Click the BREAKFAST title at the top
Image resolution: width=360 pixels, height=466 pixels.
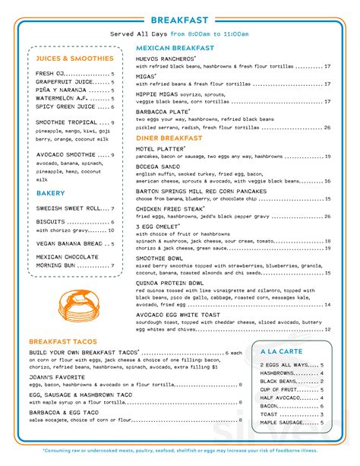(180, 19)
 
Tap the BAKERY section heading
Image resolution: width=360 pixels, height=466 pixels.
(50, 194)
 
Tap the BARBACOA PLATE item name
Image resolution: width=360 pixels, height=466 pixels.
(161, 111)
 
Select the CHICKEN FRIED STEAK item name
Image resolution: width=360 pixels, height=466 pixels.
(169, 208)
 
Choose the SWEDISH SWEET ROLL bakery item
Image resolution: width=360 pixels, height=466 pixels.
(68, 208)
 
